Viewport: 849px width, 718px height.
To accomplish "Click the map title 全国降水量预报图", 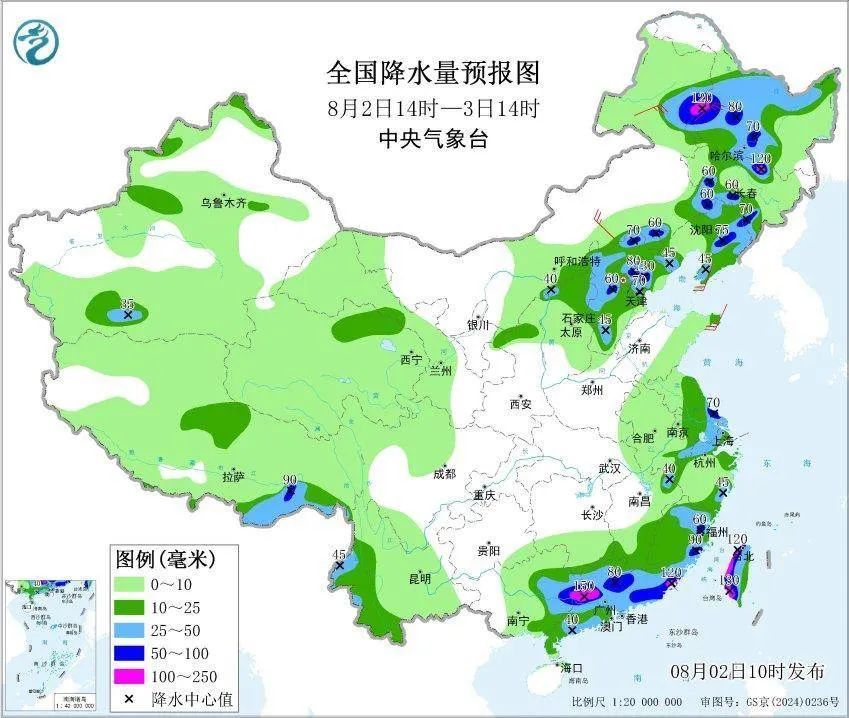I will (x=432, y=73).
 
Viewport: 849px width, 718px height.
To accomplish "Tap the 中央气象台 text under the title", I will (x=432, y=140).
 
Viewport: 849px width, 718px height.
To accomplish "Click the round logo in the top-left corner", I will (x=37, y=41).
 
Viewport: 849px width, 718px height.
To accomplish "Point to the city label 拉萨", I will (x=233, y=477).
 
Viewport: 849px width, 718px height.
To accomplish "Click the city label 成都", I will (x=444, y=474).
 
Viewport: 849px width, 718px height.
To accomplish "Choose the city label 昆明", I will (x=419, y=578).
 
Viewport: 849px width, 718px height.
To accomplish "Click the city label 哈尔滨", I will (x=726, y=155).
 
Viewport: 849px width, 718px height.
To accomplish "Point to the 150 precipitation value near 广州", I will (x=584, y=586).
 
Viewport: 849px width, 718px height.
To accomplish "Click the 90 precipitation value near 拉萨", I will (x=291, y=481).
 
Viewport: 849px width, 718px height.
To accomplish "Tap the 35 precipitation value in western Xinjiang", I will (x=127, y=303).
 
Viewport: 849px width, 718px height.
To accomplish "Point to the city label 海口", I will (x=570, y=666).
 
